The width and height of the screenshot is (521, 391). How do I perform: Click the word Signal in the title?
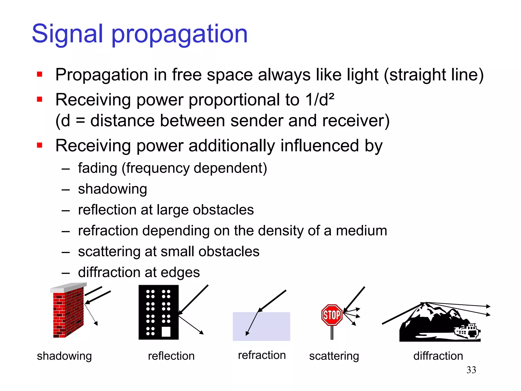point(67,34)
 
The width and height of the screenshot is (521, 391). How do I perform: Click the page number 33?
point(471,370)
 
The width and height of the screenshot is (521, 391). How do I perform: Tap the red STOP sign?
point(332,315)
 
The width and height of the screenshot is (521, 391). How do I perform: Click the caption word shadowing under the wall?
point(64,356)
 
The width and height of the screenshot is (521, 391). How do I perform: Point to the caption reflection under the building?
point(171,356)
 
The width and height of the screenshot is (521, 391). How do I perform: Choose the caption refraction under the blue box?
point(262,355)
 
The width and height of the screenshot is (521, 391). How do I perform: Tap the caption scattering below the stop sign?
point(334,356)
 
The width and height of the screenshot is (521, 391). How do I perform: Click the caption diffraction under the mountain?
point(438,356)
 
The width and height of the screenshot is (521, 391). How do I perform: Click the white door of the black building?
point(166,332)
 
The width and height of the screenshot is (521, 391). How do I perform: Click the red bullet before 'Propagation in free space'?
point(39,74)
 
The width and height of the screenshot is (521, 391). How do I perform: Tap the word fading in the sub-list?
point(97,168)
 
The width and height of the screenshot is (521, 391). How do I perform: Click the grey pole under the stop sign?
point(332,332)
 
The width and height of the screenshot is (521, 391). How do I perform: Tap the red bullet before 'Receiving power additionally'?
point(39,145)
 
